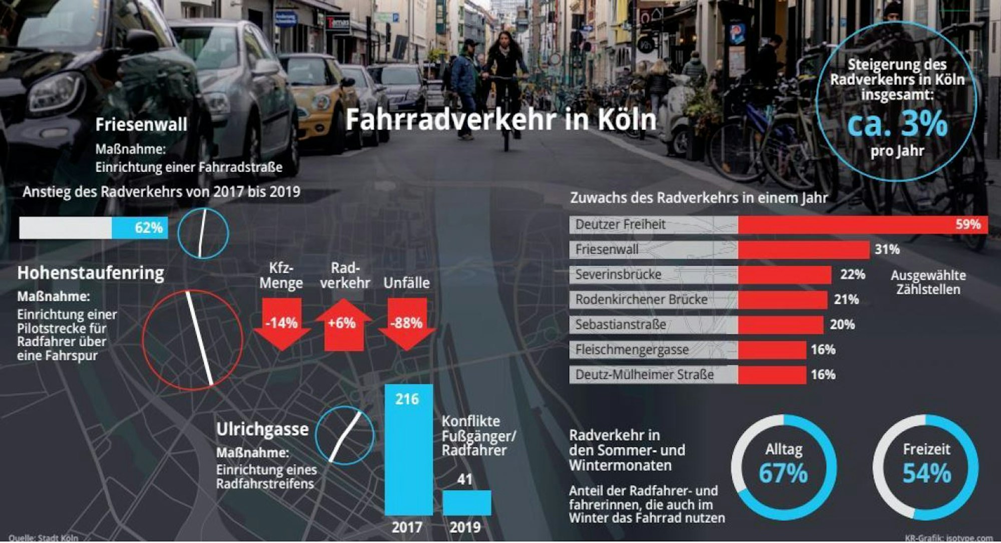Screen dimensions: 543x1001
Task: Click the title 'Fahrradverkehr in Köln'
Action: pos(500,120)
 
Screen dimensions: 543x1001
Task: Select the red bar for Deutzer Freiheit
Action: pos(862,224)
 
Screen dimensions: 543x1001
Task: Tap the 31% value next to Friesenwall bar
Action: pos(887,249)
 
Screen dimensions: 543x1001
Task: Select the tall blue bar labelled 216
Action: pos(408,450)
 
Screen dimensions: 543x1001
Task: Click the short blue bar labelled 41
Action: pos(466,502)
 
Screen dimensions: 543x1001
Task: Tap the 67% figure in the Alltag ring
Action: pos(783,473)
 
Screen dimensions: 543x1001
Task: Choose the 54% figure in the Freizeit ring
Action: pos(926,473)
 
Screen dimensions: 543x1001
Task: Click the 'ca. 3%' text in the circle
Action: pos(897,124)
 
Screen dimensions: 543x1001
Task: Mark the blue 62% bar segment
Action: pos(140,228)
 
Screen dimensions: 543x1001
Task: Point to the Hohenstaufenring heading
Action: pos(91,273)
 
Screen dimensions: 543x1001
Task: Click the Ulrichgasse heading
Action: pos(262,429)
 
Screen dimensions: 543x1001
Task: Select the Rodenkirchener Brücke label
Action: pos(641,299)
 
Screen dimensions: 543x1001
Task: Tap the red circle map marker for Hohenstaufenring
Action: pos(193,340)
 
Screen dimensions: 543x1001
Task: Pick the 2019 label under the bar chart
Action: pos(465,527)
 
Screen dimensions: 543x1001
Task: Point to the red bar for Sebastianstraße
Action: pos(780,324)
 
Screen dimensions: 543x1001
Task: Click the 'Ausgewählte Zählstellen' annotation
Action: pos(928,282)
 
